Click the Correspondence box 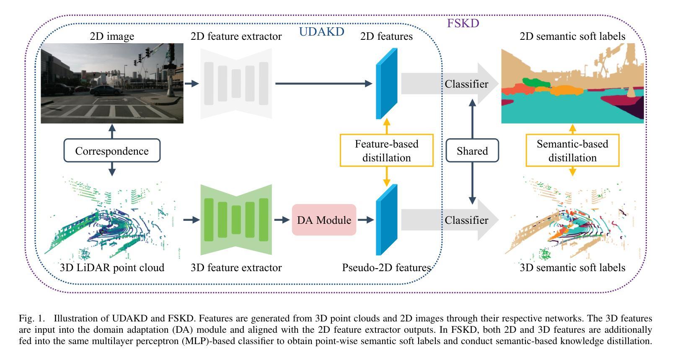coord(112,150)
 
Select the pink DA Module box coord(324,220)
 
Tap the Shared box coord(472,150)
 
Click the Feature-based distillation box coord(387,150)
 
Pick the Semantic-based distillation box coord(572,150)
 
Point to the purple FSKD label coord(463,23)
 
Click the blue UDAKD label coord(321,32)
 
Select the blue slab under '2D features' coord(387,83)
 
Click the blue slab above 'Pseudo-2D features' coord(387,220)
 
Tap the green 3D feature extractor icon coord(236,220)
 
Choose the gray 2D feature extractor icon coord(236,83)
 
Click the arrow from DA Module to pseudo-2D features coord(366,220)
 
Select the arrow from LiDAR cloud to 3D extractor coord(191,220)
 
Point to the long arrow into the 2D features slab coord(324,83)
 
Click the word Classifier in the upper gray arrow coord(466,84)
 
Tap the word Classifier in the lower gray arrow coord(466,220)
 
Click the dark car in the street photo coord(106,90)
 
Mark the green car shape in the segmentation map coord(536,82)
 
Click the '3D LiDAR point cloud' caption coord(112,267)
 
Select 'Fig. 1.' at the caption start coord(32,319)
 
